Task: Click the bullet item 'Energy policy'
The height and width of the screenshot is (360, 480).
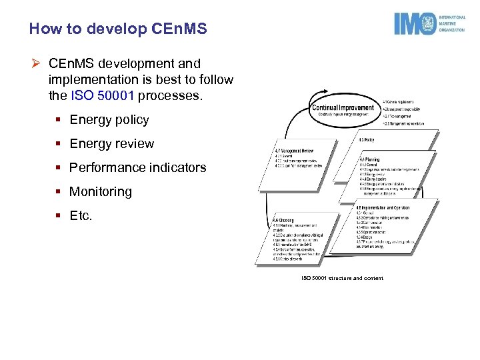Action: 109,120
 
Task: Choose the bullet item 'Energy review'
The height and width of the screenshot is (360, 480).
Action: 111,144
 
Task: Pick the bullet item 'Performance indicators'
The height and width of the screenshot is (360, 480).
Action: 137,168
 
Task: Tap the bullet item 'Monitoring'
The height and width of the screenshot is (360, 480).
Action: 101,192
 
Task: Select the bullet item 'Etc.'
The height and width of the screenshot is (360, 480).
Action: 81,216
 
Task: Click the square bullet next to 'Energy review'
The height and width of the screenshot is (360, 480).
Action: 59,144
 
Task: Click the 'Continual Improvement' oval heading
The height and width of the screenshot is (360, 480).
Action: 342,107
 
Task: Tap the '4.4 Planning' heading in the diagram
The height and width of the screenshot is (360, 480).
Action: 370,160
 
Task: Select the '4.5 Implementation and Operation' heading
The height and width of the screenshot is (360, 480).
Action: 383,207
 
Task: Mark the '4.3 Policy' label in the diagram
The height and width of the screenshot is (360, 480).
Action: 367,140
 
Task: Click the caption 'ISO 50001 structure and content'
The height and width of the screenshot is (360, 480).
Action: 342,278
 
